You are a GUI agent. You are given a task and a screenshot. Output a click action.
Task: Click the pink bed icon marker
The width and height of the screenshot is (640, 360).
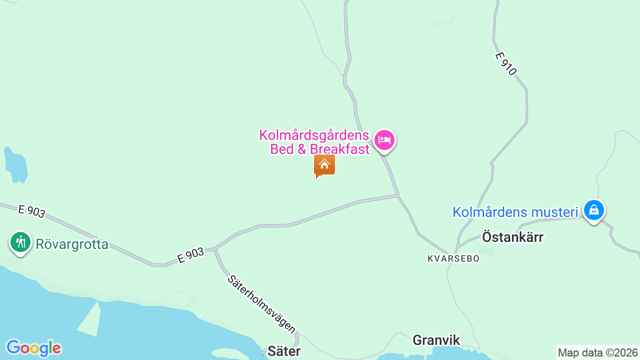tap(384, 140)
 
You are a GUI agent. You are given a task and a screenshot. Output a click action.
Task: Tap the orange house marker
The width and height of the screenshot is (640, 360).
tap(324, 165)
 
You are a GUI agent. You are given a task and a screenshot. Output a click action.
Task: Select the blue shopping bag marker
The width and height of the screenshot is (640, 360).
tap(593, 210)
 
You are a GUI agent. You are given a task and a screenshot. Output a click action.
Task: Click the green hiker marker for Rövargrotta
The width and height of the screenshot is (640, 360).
tap(20, 242)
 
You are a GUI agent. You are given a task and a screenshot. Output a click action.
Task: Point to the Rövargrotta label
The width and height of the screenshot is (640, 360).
tap(72, 244)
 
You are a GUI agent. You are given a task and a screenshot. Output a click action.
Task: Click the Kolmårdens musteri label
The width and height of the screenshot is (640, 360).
tap(515, 212)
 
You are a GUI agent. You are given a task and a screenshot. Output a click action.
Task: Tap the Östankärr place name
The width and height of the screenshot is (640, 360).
tap(512, 237)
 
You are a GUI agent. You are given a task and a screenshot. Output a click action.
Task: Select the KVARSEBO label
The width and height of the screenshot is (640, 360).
tap(453, 258)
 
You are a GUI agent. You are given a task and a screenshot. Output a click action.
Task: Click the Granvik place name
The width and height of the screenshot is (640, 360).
tap(436, 340)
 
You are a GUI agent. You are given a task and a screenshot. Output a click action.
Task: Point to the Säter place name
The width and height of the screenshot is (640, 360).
tap(284, 351)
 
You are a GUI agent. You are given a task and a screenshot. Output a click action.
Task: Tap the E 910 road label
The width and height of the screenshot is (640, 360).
tap(505, 64)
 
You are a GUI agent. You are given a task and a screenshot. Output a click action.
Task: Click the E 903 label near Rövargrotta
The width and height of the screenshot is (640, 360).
tap(31, 211)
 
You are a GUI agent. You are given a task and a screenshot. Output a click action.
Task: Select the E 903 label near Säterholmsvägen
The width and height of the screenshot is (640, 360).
tap(190, 256)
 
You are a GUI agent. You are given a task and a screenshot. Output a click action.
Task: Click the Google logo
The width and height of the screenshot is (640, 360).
tap(33, 348)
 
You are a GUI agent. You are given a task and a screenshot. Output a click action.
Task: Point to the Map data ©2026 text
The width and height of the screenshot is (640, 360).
tap(598, 353)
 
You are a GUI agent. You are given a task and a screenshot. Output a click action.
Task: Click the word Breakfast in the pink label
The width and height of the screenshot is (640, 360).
tap(339, 149)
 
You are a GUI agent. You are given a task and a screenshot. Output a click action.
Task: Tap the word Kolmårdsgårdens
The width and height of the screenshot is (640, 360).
tap(314, 135)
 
